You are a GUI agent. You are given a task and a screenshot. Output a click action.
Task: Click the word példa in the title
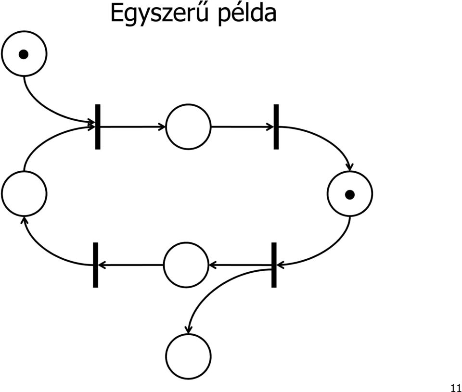(x=247, y=14)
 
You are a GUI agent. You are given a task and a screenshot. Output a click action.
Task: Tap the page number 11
(x=456, y=388)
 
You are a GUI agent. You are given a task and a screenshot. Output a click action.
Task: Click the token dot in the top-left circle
(x=23, y=54)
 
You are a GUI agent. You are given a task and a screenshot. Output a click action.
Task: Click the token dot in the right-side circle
(x=350, y=195)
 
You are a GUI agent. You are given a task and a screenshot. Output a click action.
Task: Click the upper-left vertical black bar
(x=98, y=126)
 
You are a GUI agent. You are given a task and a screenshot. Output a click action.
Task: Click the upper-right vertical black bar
(x=276, y=126)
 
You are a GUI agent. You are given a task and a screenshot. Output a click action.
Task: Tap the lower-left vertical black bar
(x=95, y=265)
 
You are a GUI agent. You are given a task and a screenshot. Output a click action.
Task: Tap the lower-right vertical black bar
(x=274, y=265)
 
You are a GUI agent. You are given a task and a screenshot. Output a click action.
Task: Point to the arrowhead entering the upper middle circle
(x=162, y=127)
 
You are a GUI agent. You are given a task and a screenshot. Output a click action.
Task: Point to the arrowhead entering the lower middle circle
(x=212, y=265)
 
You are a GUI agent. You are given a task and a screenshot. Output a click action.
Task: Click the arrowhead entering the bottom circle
(x=188, y=330)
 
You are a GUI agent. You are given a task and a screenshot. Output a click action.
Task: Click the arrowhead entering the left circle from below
(x=25, y=220)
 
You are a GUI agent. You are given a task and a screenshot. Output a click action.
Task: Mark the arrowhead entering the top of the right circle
(x=349, y=167)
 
